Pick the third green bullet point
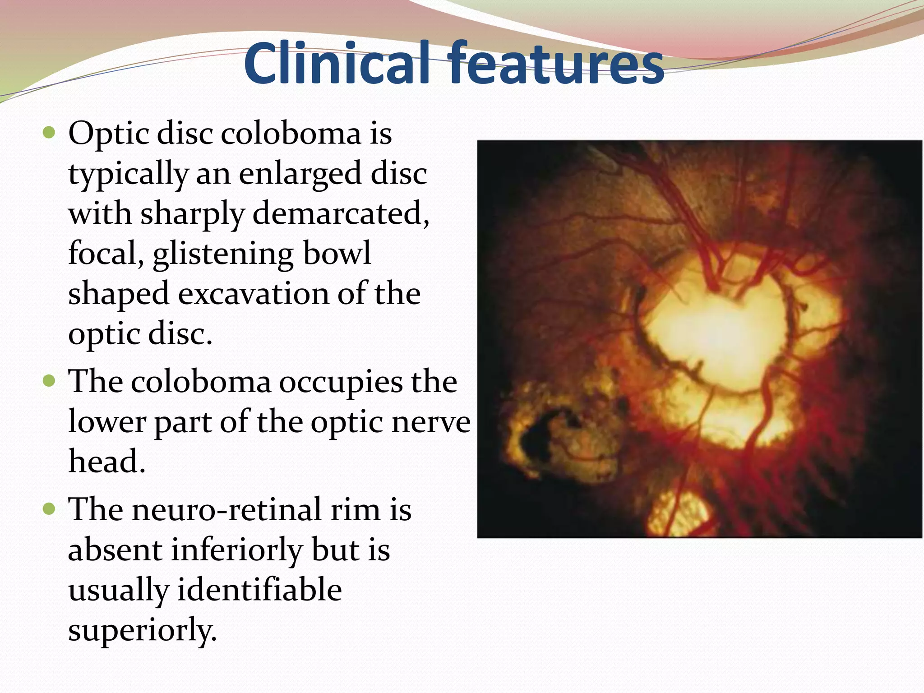(48, 509)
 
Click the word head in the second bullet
(107, 462)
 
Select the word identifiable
(259, 590)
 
